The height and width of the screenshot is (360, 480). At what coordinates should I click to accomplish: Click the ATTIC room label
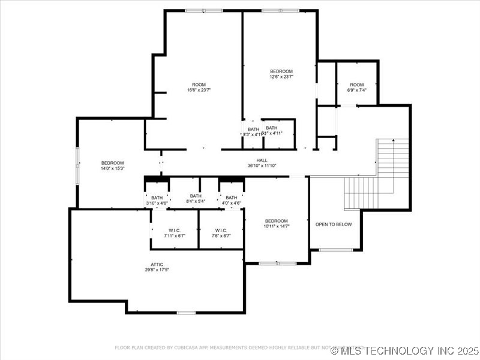tap(157, 264)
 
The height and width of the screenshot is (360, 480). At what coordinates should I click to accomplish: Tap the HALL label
tap(262, 160)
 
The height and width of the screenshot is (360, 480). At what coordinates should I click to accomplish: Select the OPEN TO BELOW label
tap(334, 224)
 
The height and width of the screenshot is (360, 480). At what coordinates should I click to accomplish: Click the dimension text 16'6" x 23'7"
tap(199, 90)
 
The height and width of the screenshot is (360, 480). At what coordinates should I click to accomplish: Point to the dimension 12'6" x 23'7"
tap(281, 77)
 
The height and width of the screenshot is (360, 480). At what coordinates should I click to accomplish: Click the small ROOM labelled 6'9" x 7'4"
tap(357, 85)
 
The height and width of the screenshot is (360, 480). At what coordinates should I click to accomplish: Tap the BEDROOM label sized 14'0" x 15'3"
tap(112, 163)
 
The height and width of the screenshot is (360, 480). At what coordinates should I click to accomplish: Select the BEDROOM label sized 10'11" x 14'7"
tap(277, 221)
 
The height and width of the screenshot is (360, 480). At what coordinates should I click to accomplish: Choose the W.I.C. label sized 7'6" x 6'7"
tap(221, 230)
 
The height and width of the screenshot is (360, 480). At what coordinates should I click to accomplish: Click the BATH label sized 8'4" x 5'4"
tap(196, 196)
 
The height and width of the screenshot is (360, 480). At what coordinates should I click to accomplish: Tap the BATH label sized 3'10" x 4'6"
tap(157, 198)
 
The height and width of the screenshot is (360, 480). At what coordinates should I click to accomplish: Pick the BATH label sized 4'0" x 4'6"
tap(231, 198)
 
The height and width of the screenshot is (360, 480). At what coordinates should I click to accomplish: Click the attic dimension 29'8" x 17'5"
tap(157, 270)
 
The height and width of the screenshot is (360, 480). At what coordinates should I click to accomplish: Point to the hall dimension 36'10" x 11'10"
tap(262, 166)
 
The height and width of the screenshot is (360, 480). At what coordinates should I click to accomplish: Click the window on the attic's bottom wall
tap(186, 312)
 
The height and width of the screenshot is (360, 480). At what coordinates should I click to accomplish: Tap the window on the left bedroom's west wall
tap(77, 163)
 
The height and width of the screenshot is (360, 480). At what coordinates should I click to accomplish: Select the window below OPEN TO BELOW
tap(335, 250)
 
